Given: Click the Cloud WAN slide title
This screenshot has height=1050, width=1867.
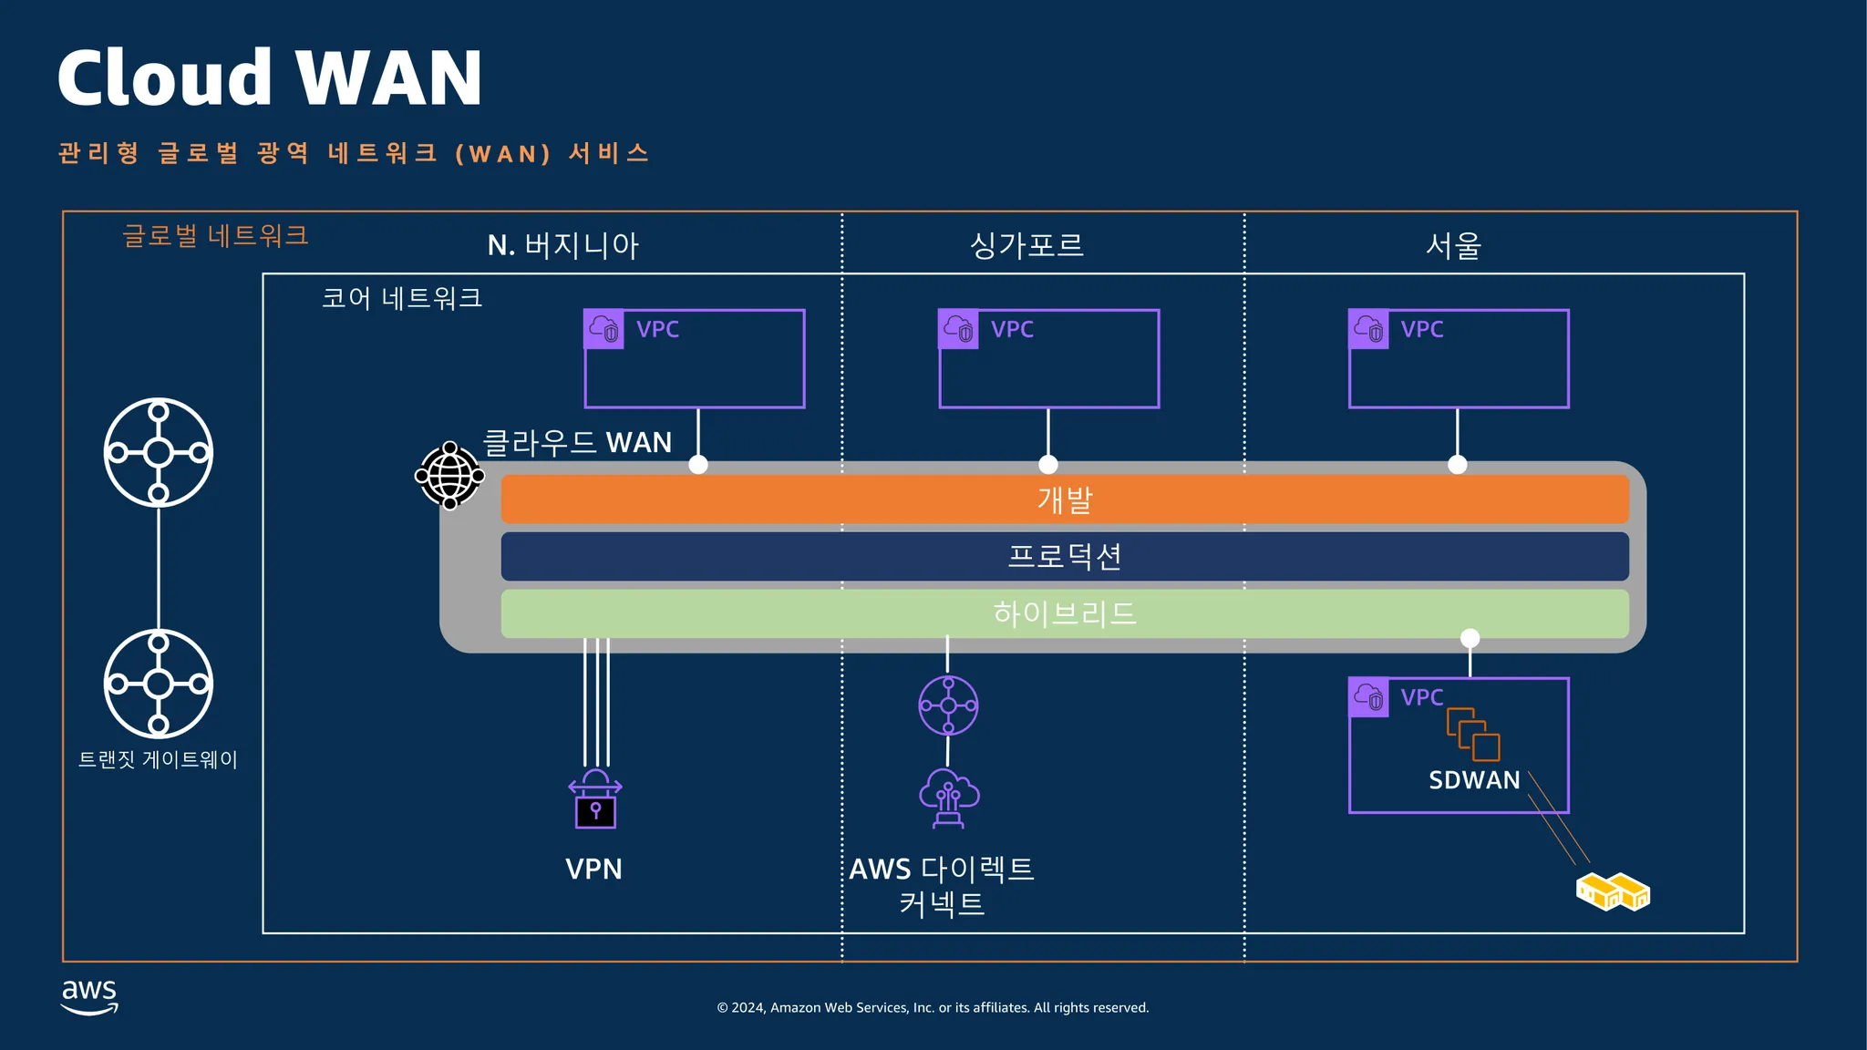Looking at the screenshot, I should (x=270, y=78).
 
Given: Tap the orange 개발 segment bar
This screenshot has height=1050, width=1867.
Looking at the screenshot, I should (x=1065, y=499).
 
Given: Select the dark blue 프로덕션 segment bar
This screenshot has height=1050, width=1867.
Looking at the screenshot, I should (x=1065, y=556).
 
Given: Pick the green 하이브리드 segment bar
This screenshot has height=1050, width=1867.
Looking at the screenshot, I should (x=1065, y=613).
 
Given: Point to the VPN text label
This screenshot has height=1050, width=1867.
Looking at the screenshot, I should (x=593, y=869).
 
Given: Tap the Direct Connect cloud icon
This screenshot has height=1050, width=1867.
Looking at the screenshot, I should (x=949, y=798).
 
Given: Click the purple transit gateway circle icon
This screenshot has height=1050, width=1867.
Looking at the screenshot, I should (x=948, y=705).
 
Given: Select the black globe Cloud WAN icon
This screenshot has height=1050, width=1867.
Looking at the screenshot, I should (x=449, y=475).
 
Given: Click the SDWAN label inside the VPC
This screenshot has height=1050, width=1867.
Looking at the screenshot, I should (x=1474, y=780).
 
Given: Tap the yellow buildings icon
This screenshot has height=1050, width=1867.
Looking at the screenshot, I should (x=1613, y=891).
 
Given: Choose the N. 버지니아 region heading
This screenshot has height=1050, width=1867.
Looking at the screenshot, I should (x=563, y=245).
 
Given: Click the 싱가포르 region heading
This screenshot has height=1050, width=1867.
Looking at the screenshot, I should (x=1026, y=245).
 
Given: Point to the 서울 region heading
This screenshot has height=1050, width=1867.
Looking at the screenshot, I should (x=1453, y=245).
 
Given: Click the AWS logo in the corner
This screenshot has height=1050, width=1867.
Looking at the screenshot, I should (x=89, y=996).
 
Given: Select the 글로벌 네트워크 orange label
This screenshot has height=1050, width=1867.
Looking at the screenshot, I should (x=215, y=236).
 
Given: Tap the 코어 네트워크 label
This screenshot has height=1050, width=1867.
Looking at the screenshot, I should (x=402, y=298).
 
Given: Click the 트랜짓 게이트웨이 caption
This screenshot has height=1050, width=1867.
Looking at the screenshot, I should (x=158, y=759).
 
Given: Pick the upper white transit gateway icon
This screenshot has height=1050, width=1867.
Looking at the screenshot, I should (x=159, y=452).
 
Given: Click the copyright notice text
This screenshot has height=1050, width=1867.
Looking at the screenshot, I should (x=933, y=1007).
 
